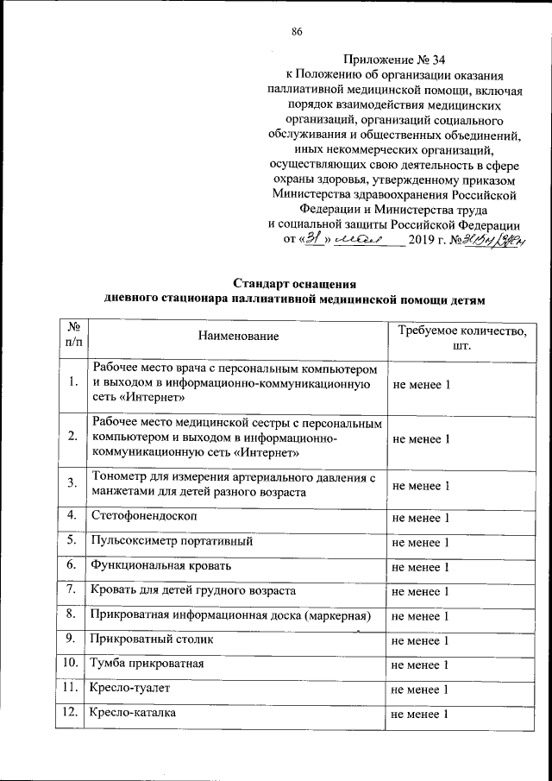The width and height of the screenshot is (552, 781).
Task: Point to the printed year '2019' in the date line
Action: tap(424, 239)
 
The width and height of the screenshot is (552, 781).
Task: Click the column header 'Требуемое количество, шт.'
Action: tap(460, 335)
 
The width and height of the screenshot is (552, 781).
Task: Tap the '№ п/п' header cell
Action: tap(73, 335)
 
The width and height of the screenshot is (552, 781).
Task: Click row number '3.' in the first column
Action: tap(72, 485)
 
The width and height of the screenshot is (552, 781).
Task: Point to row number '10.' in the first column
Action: tap(73, 664)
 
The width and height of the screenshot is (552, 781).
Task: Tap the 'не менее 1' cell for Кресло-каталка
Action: tap(421, 714)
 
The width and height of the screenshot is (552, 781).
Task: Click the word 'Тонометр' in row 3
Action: tap(118, 477)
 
